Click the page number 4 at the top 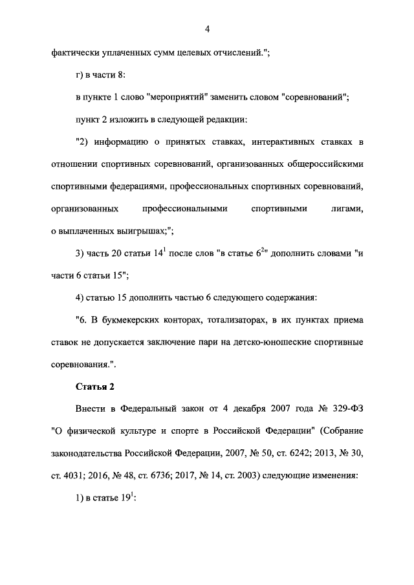pyautogui.click(x=207, y=29)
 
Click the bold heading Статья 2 pyautogui.click(x=95, y=387)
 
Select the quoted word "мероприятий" pyautogui.click(x=177, y=97)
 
